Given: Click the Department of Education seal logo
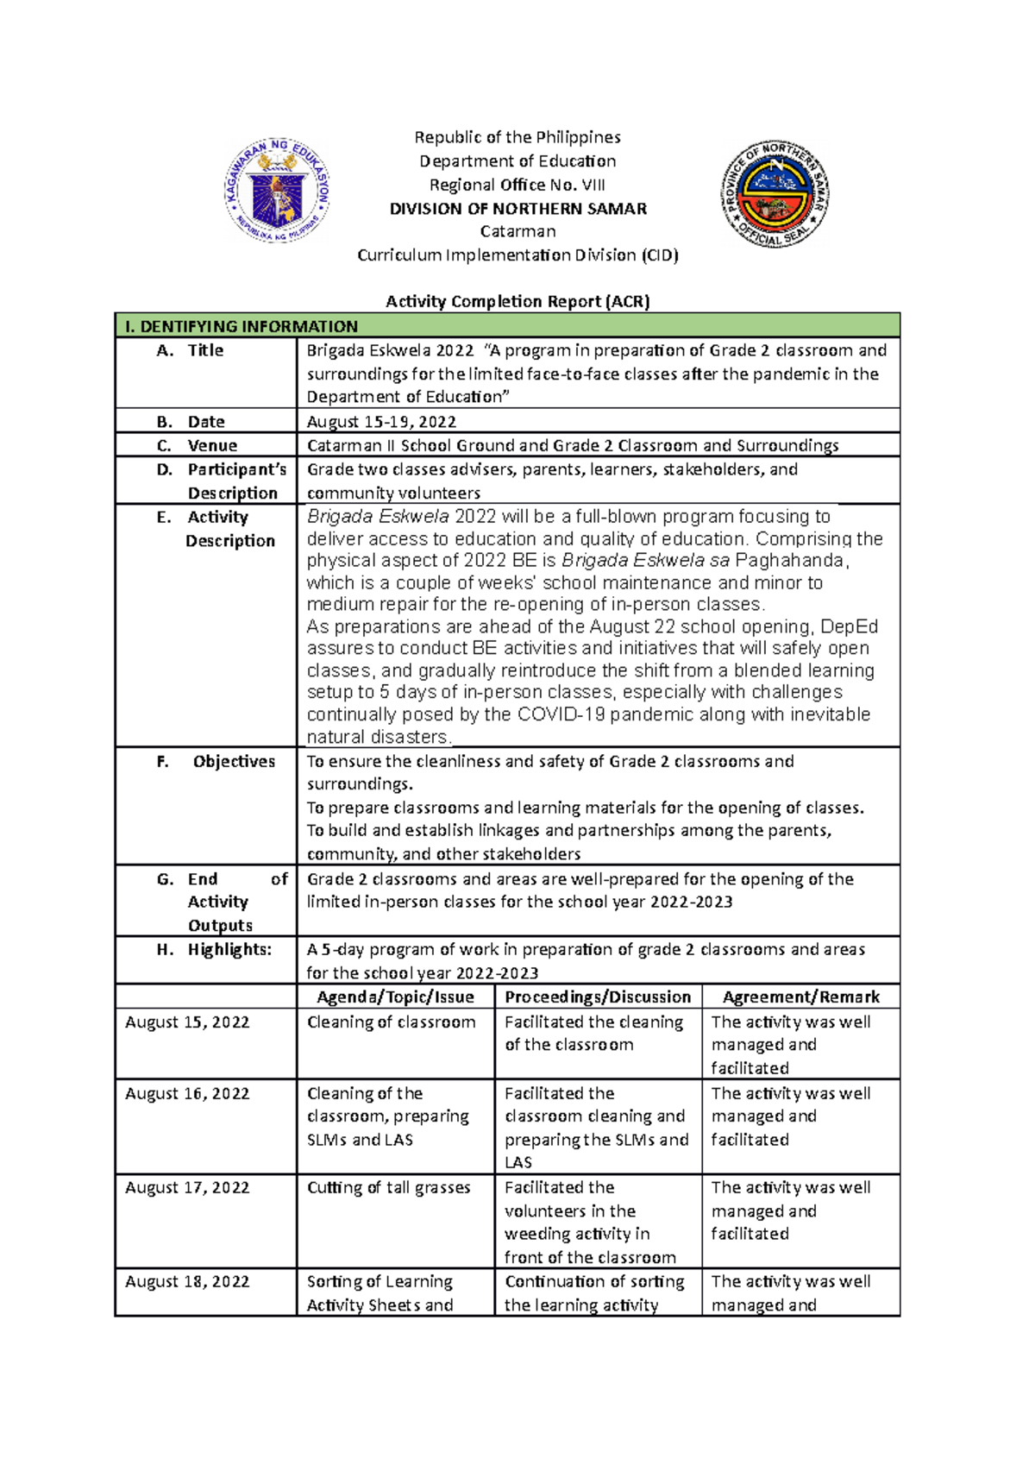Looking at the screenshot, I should click(277, 191).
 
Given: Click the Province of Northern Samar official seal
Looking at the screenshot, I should click(775, 194).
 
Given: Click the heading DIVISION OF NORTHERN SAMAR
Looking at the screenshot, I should click(517, 209).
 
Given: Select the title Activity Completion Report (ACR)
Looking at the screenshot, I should click(517, 301).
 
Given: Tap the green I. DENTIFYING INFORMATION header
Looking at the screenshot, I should click(241, 326).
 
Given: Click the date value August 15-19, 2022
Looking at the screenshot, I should click(381, 422).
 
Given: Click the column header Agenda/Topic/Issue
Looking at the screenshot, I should click(395, 997).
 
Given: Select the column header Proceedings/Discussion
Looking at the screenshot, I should click(598, 997).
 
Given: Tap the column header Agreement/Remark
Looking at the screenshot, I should click(800, 997).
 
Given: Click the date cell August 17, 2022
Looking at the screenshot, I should click(187, 1188).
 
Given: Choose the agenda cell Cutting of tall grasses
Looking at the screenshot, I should click(388, 1188).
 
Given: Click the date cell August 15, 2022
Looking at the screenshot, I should click(187, 1022).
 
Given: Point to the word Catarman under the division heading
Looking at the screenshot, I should click(517, 232).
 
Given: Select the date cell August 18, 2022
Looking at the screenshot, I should click(187, 1282).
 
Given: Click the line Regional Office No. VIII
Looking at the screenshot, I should click(517, 185).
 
